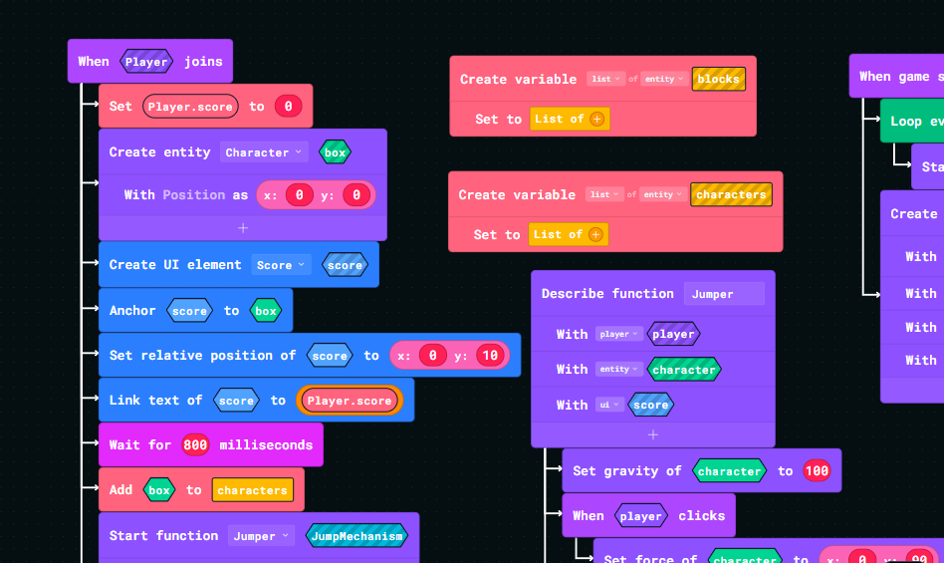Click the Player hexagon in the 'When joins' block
[x=146, y=62]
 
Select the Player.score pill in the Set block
[x=190, y=107]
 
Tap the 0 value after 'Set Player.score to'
[x=288, y=107]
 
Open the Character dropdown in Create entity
[x=264, y=152]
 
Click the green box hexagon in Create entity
[x=335, y=152]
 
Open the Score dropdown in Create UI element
[x=281, y=265]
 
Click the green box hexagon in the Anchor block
[x=266, y=311]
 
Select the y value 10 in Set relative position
[x=488, y=356]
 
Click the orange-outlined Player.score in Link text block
[x=350, y=401]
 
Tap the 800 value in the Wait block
[x=195, y=445]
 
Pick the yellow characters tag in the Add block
[x=252, y=490]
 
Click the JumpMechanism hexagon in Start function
[x=357, y=536]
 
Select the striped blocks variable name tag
[x=718, y=80]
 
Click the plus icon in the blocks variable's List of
[x=596, y=119]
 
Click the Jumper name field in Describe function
[x=724, y=294]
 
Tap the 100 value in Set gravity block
[x=817, y=471]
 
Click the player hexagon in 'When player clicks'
[x=640, y=516]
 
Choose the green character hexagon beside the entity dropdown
[x=683, y=370]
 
